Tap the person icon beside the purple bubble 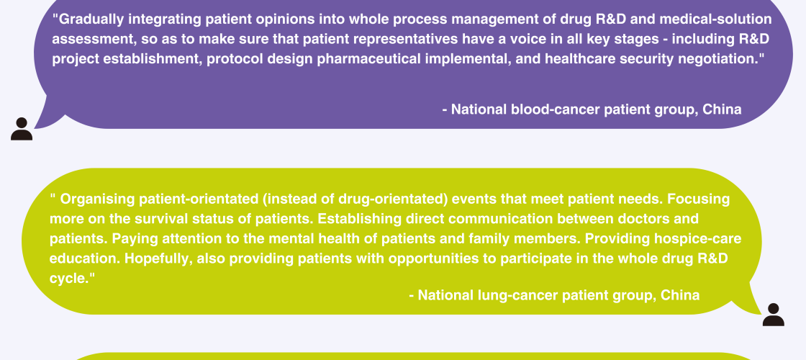tap(22, 129)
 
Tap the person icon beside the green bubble tap(773, 315)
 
